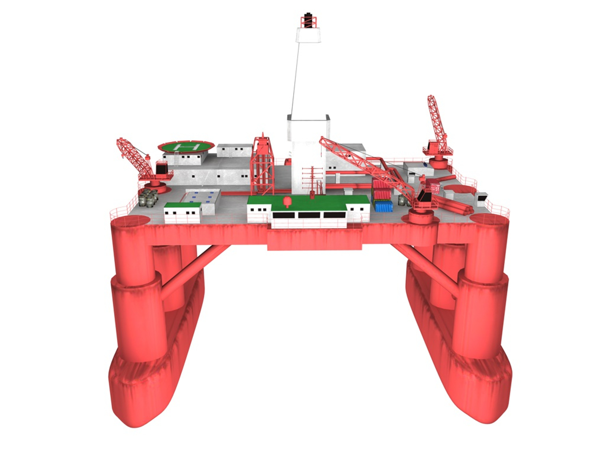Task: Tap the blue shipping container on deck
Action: point(383,206)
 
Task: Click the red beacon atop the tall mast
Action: point(309,21)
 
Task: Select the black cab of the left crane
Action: point(162,168)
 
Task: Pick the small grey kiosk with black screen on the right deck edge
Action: point(481,197)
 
